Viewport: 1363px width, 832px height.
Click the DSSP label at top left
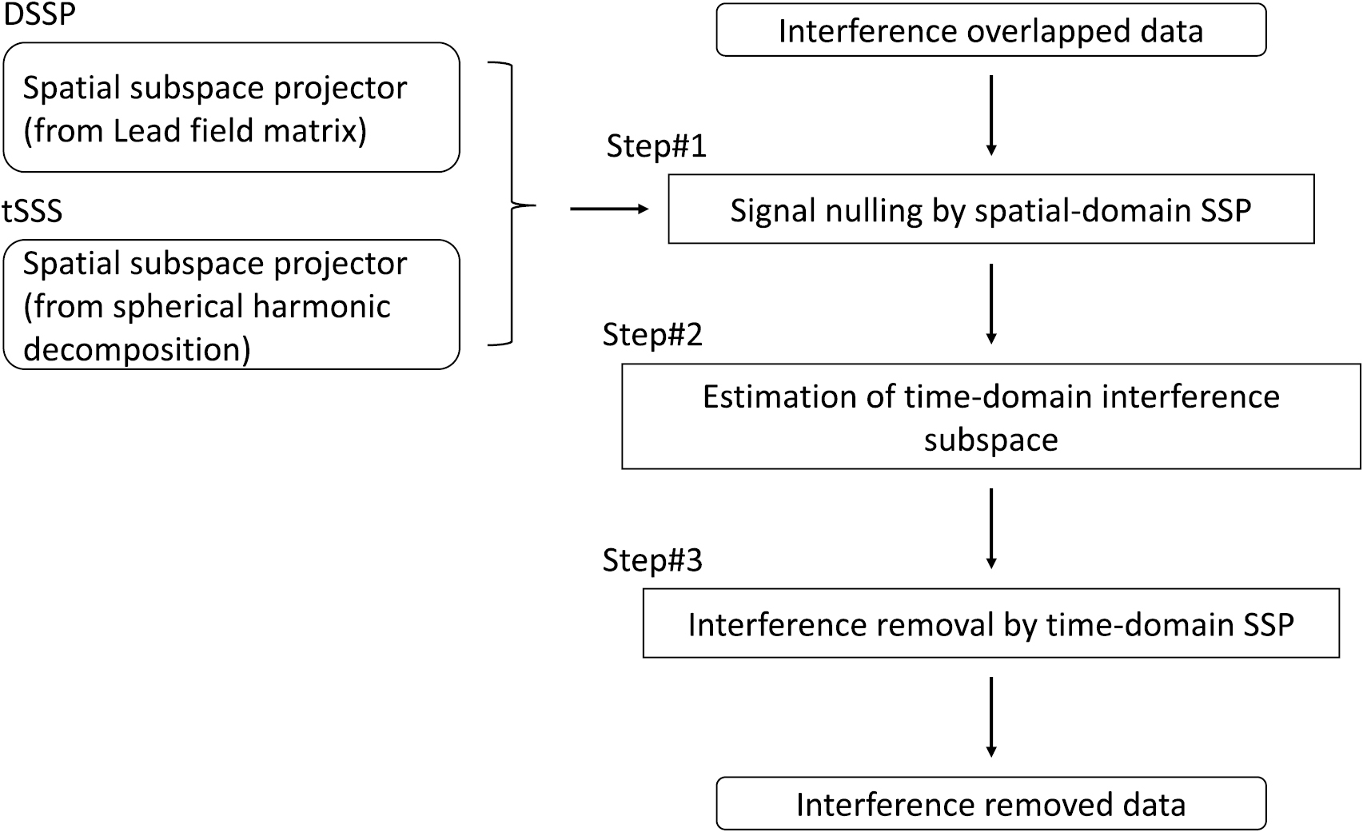(40, 14)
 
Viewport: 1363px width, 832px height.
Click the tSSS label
(32, 212)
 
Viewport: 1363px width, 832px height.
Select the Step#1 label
(656, 146)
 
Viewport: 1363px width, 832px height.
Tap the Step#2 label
(652, 334)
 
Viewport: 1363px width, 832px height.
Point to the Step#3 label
(652, 560)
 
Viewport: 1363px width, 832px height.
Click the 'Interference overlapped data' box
(990, 31)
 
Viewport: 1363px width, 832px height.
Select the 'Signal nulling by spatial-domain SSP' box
(990, 209)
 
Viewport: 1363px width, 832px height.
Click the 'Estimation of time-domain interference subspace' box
(990, 417)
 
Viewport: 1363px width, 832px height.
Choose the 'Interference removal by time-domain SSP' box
(990, 624)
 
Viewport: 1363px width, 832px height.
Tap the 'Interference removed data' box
(990, 804)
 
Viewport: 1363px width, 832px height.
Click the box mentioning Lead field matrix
(231, 108)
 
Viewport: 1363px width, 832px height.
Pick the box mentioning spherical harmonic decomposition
(231, 305)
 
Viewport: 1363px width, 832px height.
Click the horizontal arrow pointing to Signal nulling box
(608, 209)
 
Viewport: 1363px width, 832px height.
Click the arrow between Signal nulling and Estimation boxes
(991, 304)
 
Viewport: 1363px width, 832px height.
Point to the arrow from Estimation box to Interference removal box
(991, 528)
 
